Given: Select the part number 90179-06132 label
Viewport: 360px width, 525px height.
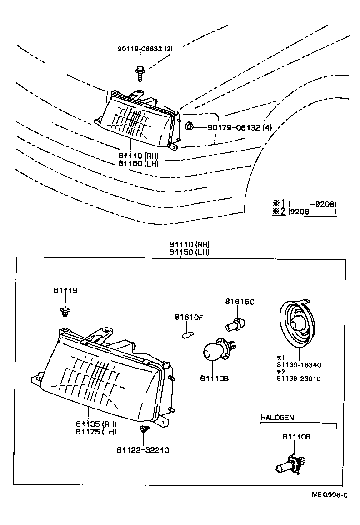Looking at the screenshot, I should point(239,128).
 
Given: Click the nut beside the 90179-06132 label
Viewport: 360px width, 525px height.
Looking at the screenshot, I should point(189,126).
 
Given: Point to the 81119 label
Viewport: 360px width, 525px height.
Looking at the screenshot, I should point(65,290).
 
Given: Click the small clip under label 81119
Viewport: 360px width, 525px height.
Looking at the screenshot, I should point(65,312).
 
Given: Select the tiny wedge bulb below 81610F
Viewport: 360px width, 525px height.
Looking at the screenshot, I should point(185,335).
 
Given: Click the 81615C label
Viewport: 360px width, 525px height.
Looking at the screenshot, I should point(240,301).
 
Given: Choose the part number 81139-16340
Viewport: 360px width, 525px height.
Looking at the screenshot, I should point(298,364).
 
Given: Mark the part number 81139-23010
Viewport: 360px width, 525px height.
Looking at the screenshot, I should point(298,378).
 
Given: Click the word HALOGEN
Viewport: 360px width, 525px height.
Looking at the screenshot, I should point(277,417).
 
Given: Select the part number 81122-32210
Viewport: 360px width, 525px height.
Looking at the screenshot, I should point(143,450).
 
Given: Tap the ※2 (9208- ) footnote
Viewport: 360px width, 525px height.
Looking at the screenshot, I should point(304,212).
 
